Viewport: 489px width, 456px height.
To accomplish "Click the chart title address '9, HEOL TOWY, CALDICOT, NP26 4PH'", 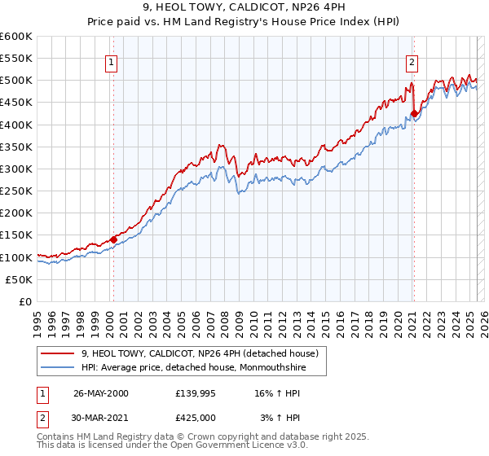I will (x=244, y=9).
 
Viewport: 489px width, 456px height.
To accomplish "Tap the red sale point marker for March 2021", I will (x=414, y=113).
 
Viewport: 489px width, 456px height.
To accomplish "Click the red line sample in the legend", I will (x=58, y=353).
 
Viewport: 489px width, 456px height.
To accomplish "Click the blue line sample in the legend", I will (x=58, y=367).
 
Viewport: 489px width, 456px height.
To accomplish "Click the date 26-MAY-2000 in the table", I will (x=100, y=393).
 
